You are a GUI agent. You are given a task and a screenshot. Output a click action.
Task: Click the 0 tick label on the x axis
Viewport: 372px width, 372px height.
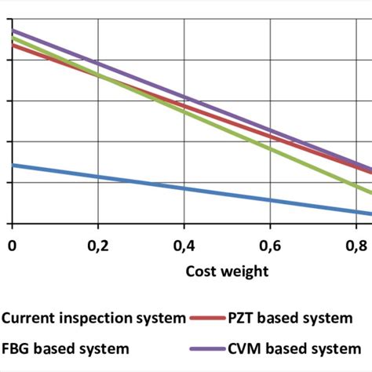pos(12,246)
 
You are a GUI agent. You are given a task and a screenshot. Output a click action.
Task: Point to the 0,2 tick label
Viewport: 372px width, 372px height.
pos(98,246)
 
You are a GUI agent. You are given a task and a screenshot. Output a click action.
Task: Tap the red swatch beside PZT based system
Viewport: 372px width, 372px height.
pos(207,318)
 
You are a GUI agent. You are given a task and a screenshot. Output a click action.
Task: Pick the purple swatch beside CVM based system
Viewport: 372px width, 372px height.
pos(207,346)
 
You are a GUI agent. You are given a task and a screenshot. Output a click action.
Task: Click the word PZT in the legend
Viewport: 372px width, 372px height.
pos(243,318)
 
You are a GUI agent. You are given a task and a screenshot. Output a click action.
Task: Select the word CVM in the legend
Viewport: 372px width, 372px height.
pos(246,346)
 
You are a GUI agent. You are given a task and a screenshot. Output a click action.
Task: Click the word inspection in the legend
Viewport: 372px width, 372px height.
pos(92,318)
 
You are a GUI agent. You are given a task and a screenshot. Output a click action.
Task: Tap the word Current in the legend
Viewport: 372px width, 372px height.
pos(28,318)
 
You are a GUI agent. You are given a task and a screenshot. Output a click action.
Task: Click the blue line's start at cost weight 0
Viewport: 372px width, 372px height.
pos(13,165)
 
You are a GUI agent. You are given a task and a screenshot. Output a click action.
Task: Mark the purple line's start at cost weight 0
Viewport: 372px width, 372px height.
pos(13,31)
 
